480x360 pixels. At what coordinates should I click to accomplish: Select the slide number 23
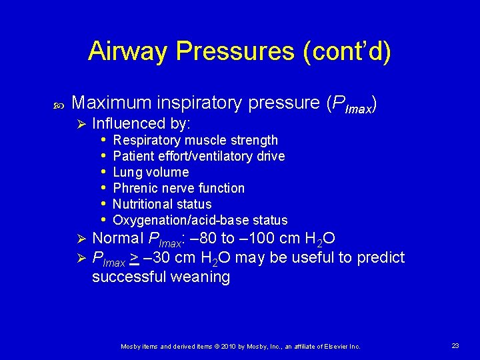[x=455, y=345]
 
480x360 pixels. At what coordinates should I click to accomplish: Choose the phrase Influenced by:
[x=141, y=123]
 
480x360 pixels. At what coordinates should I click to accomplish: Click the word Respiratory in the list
[x=147, y=140]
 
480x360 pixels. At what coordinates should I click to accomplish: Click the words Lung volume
[x=151, y=172]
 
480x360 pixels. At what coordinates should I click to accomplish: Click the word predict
[x=382, y=257]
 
